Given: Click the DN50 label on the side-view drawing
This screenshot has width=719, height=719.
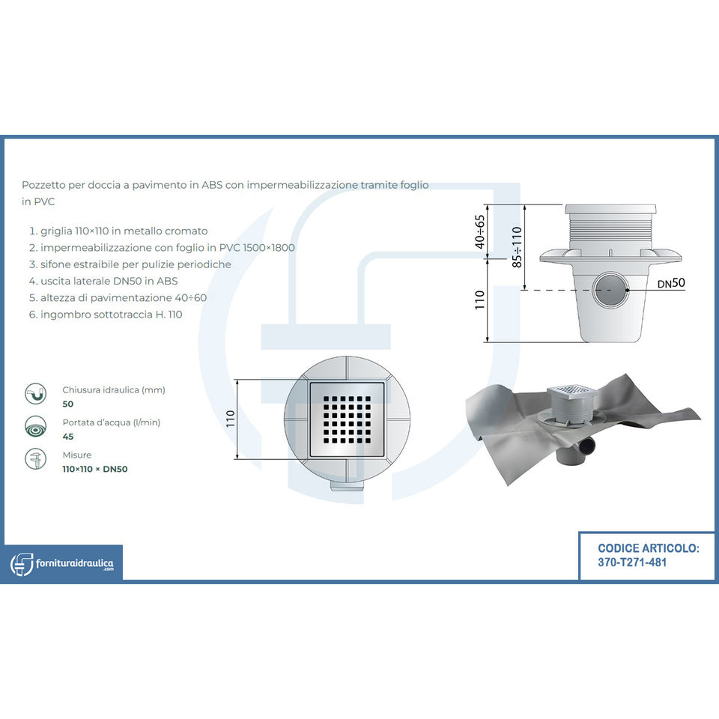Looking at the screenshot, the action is pos(671,283).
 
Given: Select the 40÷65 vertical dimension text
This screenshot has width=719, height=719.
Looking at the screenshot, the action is pos(480,231).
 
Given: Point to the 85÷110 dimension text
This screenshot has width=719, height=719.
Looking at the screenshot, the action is pos(517,247).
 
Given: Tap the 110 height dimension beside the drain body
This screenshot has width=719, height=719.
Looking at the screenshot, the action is pos(480,300).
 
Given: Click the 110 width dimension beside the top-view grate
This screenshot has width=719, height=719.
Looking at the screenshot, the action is pos(230,419).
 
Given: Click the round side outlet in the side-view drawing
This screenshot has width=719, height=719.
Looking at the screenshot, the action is pos(608,288).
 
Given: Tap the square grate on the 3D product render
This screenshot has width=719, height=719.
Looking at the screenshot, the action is pos(572,392).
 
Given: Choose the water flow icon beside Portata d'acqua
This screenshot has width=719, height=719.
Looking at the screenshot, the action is pos(35,427).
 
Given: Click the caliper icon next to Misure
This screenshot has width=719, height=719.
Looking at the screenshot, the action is pos(35,460).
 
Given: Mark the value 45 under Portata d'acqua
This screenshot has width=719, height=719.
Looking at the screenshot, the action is pos(68,436).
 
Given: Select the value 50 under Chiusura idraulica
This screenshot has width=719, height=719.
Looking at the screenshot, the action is pos(68,404).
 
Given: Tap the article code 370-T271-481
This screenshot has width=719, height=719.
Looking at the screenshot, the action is pos(632,562).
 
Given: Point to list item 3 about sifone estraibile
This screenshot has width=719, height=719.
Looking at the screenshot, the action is pos(130,264).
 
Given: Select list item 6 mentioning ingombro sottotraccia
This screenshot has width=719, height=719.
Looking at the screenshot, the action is pos(106,314).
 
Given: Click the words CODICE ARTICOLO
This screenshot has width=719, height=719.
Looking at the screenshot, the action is pos(649,548).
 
